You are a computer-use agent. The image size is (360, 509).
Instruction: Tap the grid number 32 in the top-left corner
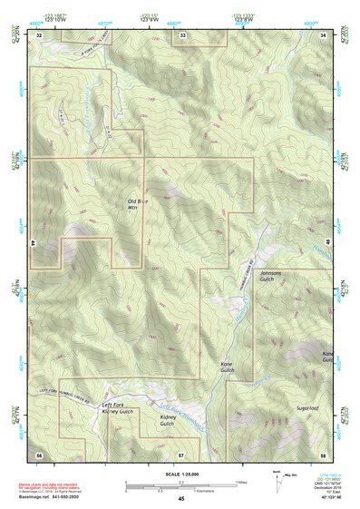click(x=39, y=34)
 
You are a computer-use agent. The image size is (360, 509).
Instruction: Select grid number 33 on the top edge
click(x=182, y=34)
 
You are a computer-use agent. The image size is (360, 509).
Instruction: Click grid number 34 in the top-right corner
click(x=323, y=34)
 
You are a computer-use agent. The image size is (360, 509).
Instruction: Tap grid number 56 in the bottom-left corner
click(x=39, y=453)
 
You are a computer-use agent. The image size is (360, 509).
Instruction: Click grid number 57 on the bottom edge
click(x=181, y=453)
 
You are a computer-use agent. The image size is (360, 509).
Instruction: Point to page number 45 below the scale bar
click(x=181, y=498)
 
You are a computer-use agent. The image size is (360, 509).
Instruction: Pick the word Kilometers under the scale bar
click(x=192, y=491)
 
